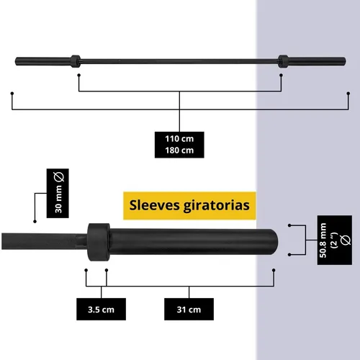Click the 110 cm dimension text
pos(179,139)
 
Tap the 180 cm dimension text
pos(179,150)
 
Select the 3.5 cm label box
pos(101,309)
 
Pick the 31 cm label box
pos(189,309)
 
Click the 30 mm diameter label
pos(58,193)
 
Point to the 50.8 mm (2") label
pos(335,240)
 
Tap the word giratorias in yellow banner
pos(217,206)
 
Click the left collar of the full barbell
pos(76,61)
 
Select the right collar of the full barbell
pos(283,61)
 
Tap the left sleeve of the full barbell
pos(42,61)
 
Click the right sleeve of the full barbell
pos(317,61)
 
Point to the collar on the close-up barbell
pos(99,242)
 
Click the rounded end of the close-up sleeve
pos(274,242)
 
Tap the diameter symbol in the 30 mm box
pos(59,177)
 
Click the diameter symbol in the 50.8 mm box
pos(346,240)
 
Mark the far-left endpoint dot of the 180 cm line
pos(12,93)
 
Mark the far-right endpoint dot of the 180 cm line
pos(348,93)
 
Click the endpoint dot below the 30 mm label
pos(35,221)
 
